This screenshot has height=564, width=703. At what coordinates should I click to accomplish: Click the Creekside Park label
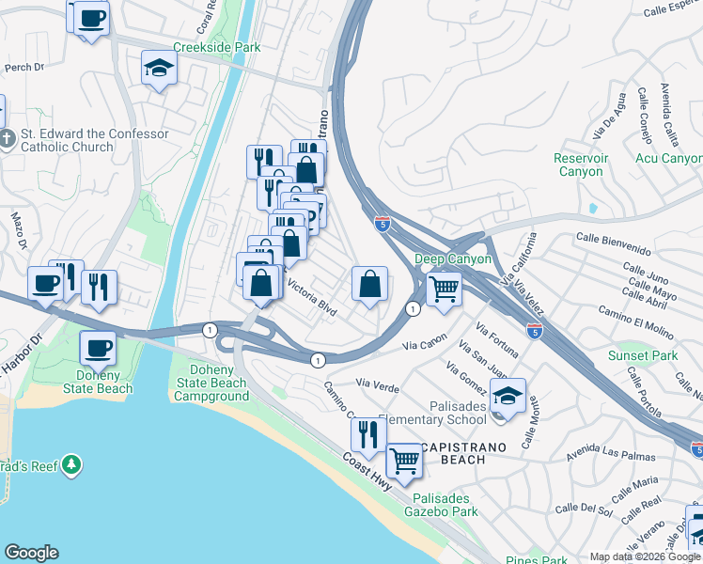(x=216, y=47)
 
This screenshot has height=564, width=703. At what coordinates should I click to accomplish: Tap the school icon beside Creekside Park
(x=160, y=69)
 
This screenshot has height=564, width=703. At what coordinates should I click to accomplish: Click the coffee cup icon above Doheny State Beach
(x=98, y=348)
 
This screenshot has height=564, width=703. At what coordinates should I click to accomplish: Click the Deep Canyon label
(x=453, y=258)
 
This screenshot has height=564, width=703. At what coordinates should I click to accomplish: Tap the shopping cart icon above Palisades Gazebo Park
(x=404, y=462)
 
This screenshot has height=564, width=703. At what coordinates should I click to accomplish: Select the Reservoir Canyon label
(x=578, y=164)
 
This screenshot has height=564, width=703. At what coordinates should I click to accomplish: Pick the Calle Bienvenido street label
(x=614, y=243)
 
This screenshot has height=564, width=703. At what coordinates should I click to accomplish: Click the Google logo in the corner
(x=31, y=553)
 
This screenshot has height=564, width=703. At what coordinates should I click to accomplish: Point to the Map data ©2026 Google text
(x=644, y=556)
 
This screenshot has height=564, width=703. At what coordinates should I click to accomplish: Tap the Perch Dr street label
(x=25, y=68)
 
